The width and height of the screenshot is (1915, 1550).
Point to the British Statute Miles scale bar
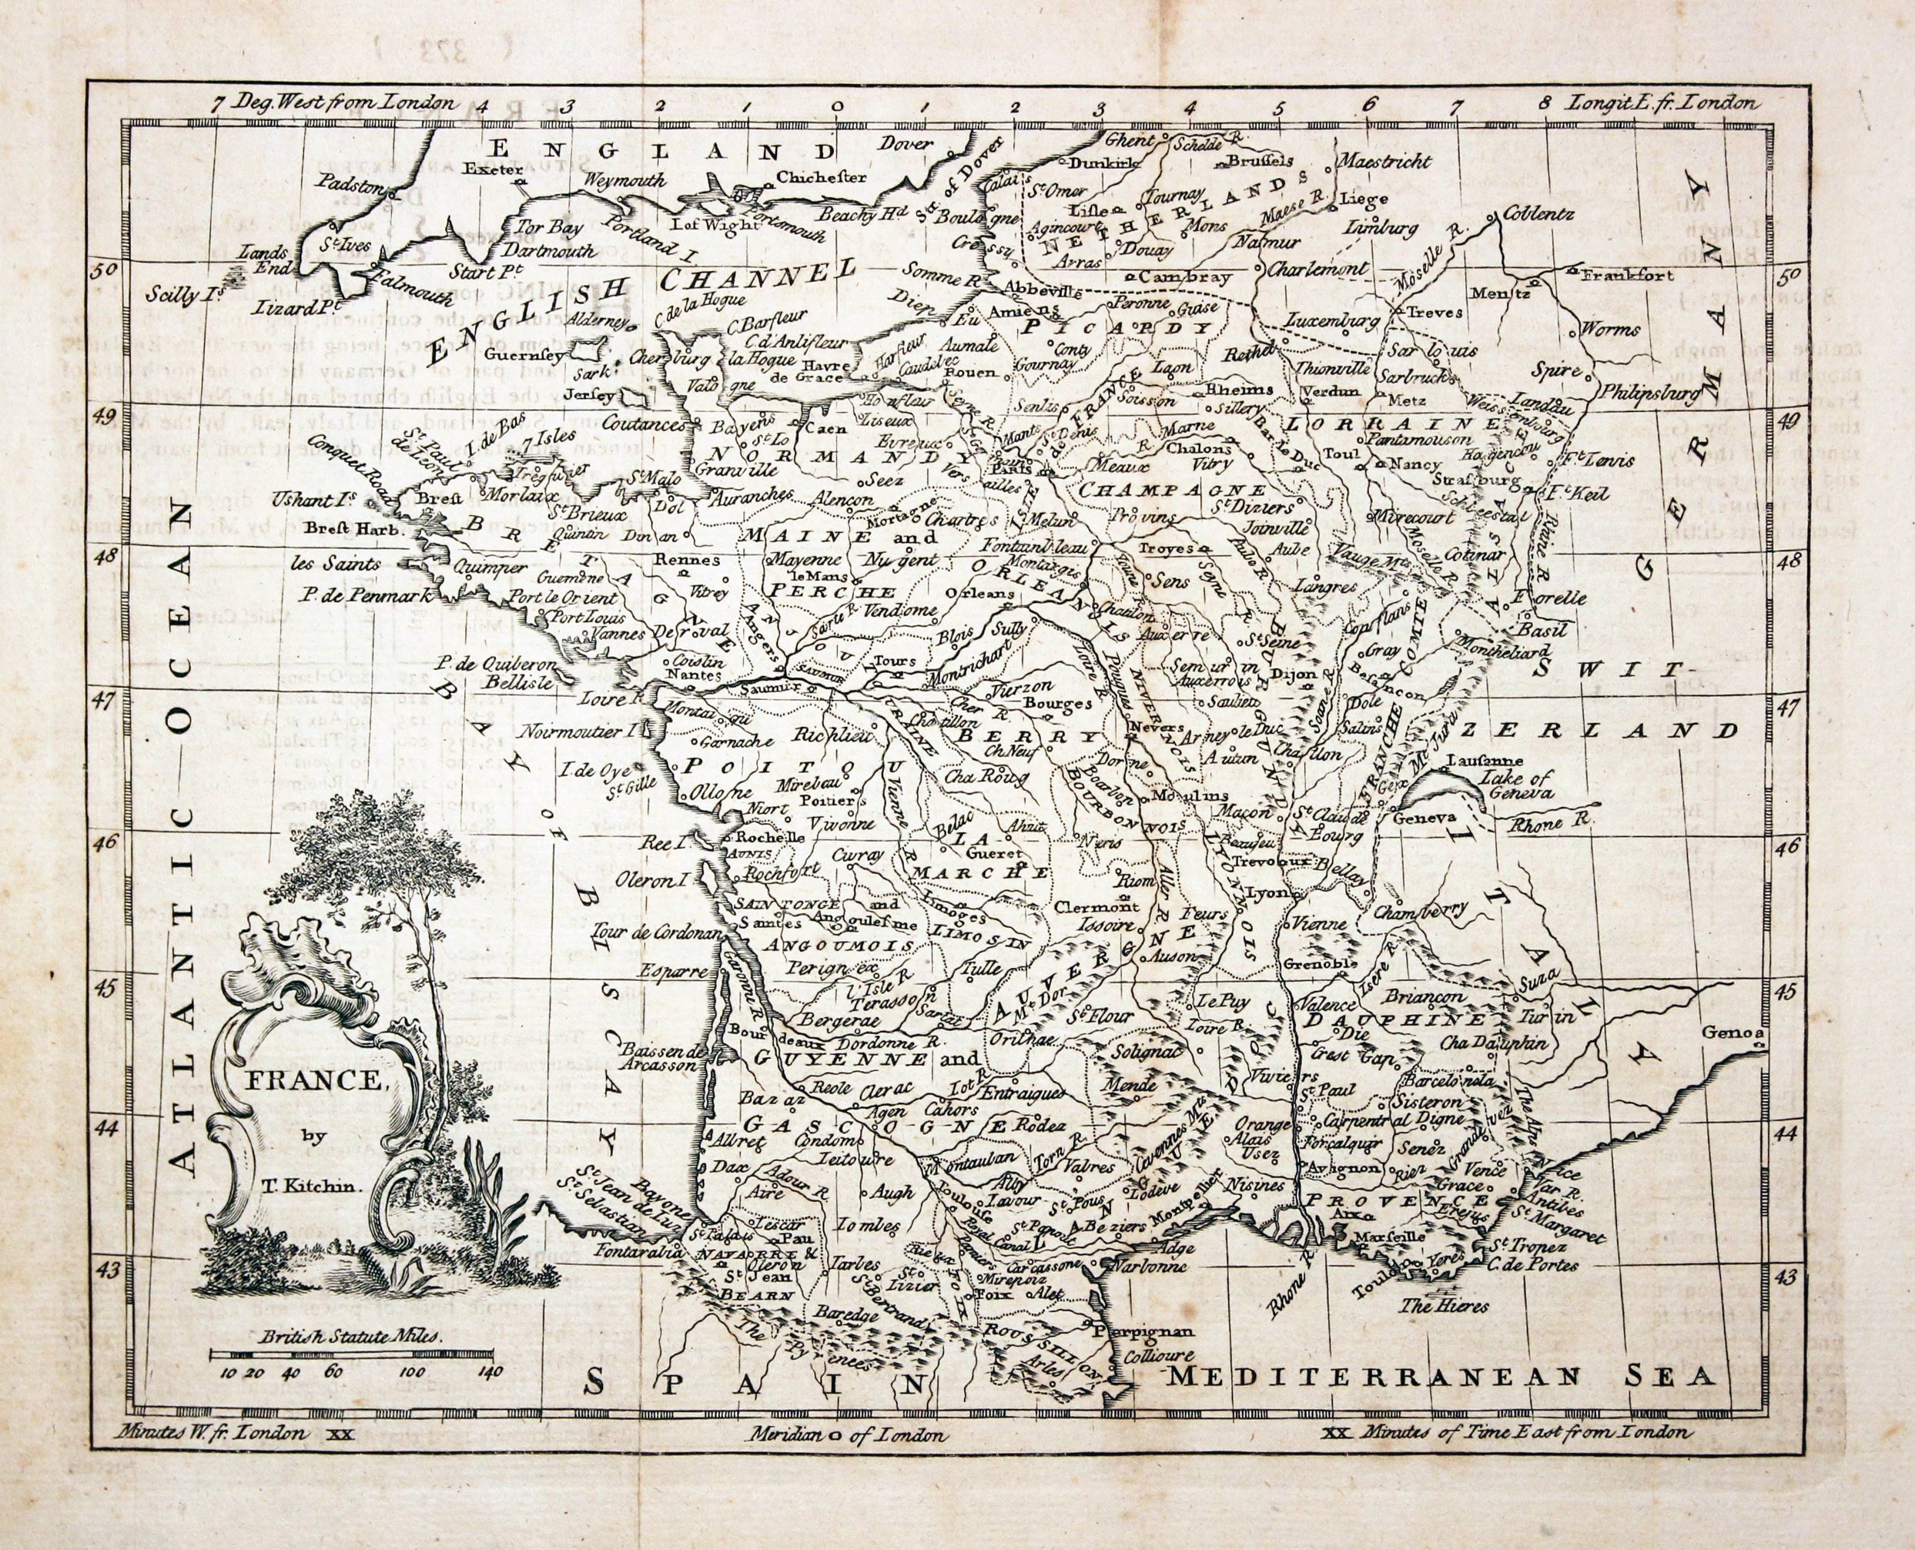pos(351,1354)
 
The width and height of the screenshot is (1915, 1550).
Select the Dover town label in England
pos(906,143)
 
